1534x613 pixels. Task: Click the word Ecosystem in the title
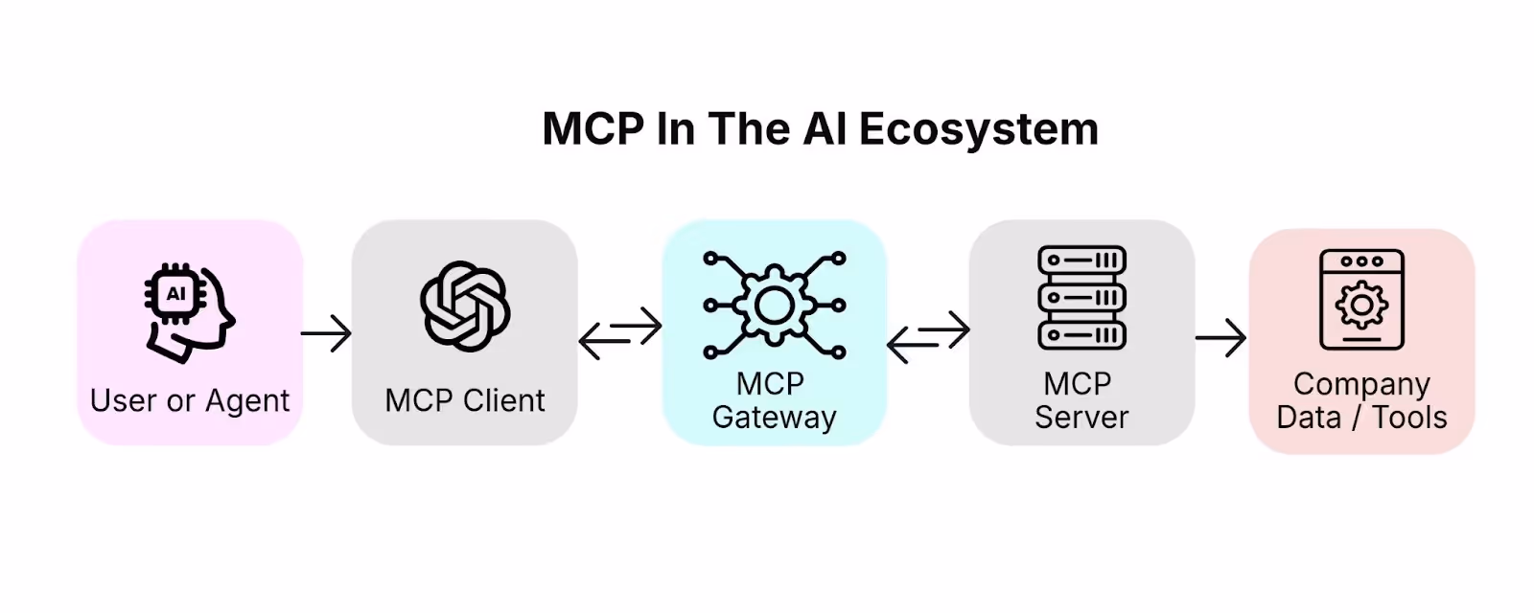tap(979, 129)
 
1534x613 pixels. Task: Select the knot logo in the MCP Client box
tap(465, 306)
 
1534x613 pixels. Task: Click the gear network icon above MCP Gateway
tap(775, 306)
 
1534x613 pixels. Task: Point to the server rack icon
tap(1082, 298)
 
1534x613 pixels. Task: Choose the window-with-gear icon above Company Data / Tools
tap(1362, 300)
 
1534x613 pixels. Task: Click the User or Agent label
tap(190, 401)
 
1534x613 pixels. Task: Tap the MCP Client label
tap(465, 400)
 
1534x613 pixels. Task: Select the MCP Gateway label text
tap(775, 400)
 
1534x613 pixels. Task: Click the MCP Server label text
tap(1082, 400)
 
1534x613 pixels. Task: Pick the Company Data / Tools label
tap(1362, 401)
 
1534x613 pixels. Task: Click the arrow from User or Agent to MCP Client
tap(326, 333)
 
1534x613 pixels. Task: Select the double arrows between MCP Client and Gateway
tap(620, 333)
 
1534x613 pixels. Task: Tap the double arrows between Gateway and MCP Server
tap(929, 336)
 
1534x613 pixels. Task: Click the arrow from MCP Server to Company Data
tap(1221, 337)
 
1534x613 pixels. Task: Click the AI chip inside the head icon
tap(176, 293)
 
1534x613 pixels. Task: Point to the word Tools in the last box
tap(1409, 418)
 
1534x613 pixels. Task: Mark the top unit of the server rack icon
tap(1082, 260)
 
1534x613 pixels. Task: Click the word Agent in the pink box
tap(247, 401)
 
